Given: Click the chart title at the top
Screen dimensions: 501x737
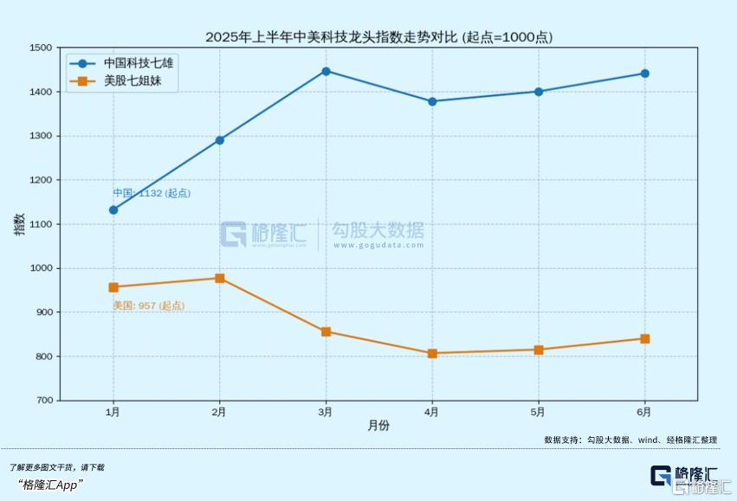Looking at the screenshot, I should coord(378,37).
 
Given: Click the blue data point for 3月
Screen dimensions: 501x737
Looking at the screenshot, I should coord(326,71).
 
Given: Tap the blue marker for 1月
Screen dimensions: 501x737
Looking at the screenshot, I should coord(113,209).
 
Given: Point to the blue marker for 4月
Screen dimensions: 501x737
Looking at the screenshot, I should coord(432,101).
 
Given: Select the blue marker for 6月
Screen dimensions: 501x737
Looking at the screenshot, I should coord(644,74).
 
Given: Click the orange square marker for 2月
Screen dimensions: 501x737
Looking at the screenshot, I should coord(220,278).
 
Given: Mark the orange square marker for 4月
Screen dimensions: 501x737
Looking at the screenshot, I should coord(432,353).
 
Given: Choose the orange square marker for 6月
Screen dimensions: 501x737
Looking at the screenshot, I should coord(644,338).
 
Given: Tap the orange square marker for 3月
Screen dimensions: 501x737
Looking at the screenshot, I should coord(326,331).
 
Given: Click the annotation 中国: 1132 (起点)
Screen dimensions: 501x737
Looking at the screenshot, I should coord(152,193).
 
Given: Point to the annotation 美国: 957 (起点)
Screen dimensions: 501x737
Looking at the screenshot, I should coord(148,305).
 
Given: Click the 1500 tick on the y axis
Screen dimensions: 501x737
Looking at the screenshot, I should coord(40,48).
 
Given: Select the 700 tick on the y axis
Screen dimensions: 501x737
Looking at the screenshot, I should coord(42,401).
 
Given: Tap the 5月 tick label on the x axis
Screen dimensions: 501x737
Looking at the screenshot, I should coord(538,412).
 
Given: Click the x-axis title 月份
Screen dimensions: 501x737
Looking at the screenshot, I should coord(378,426).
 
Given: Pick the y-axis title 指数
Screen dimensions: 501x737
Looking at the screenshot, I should coord(19,224).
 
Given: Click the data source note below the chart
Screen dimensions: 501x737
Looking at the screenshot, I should coord(630,440).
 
